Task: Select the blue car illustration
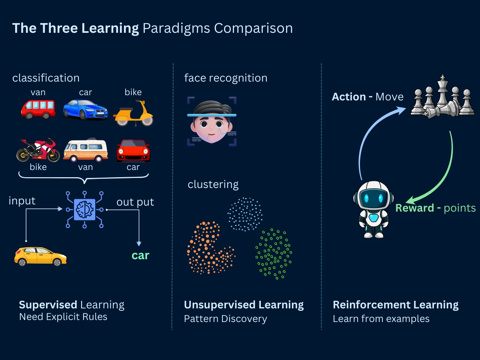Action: [x=85, y=109]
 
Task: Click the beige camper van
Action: [x=85, y=150]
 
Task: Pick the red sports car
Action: [x=133, y=150]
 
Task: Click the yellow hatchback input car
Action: [x=40, y=256]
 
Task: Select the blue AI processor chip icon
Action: [x=84, y=209]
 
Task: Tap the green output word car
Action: [x=140, y=256]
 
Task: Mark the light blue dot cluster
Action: [x=245, y=214]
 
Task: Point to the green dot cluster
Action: [x=274, y=254]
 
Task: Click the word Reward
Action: [x=414, y=208]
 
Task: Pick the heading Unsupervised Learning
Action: [x=244, y=305]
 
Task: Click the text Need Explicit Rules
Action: [x=63, y=317]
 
